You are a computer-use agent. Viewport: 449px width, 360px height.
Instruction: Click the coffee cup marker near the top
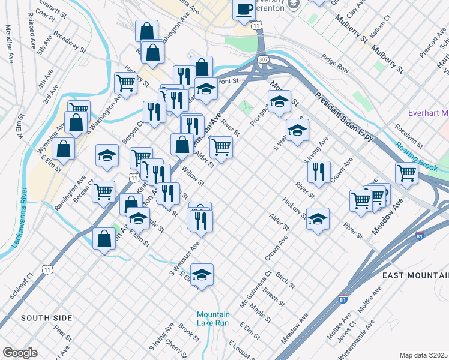(244, 10)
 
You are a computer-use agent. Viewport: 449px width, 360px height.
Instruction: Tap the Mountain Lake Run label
(213, 319)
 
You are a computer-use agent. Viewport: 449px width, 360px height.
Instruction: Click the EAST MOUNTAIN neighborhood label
(415, 274)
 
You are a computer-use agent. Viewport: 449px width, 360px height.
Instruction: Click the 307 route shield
(263, 60)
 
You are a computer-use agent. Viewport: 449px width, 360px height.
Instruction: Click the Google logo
(20, 353)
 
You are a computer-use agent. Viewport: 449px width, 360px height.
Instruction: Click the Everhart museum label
(428, 113)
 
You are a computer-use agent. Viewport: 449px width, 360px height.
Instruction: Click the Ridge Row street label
(334, 64)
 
